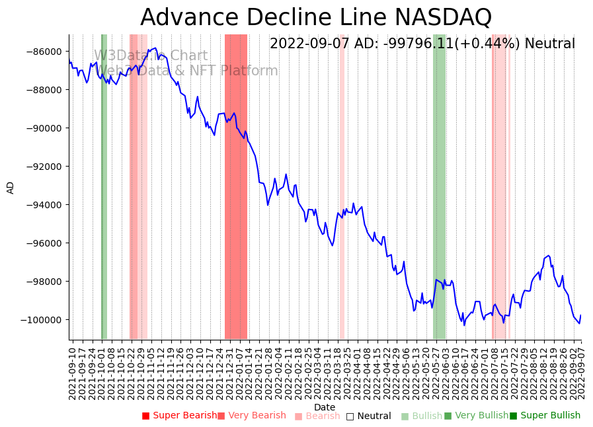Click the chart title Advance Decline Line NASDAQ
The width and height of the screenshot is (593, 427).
(x=316, y=17)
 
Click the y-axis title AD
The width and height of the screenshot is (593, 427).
(x=11, y=187)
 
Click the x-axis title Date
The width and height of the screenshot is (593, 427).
(x=325, y=407)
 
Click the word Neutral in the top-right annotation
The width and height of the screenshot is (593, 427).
(x=550, y=44)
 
